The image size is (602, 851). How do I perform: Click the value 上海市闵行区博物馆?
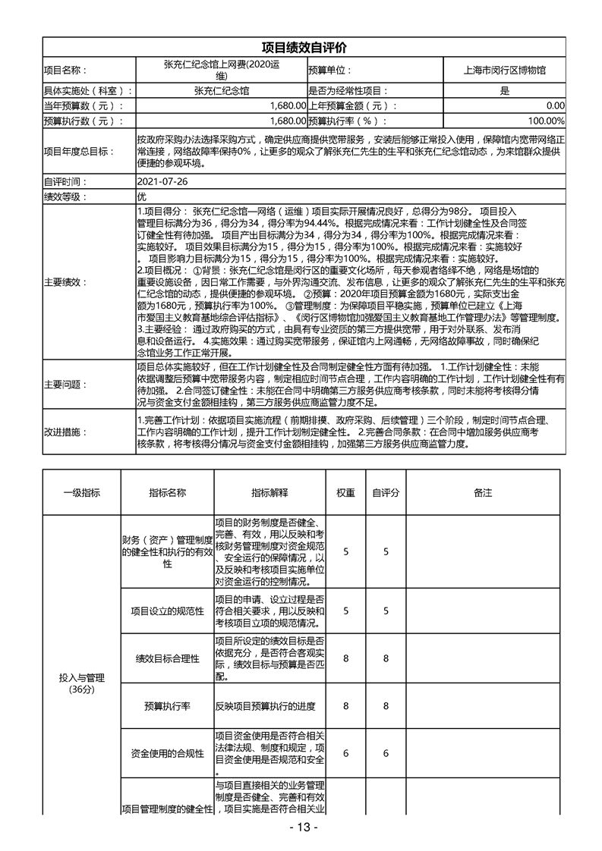pyautogui.click(x=504, y=70)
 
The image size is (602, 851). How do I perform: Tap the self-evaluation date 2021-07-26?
pyautogui.click(x=162, y=182)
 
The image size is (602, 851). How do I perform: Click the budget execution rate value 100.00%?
pyautogui.click(x=546, y=121)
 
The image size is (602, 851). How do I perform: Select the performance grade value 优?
pyautogui.click(x=140, y=196)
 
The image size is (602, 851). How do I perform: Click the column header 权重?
pyautogui.click(x=345, y=493)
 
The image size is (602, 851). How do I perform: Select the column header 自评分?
pyautogui.click(x=386, y=493)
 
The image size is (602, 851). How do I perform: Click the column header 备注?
pyautogui.click(x=483, y=493)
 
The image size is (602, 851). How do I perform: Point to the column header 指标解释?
pyautogui.click(x=269, y=493)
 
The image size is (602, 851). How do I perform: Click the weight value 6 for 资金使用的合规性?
pyautogui.click(x=345, y=753)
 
